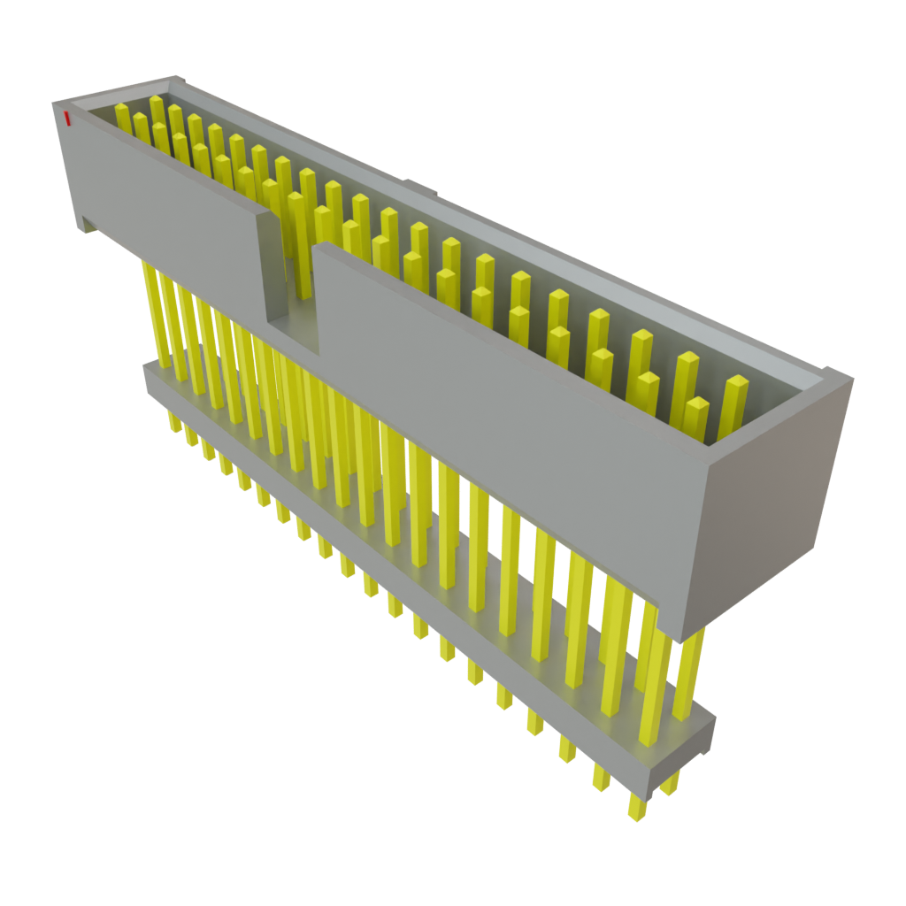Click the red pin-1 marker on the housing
65,119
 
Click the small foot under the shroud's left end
88,228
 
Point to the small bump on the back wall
422,187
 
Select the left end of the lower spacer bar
149,377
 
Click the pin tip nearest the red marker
122,109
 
